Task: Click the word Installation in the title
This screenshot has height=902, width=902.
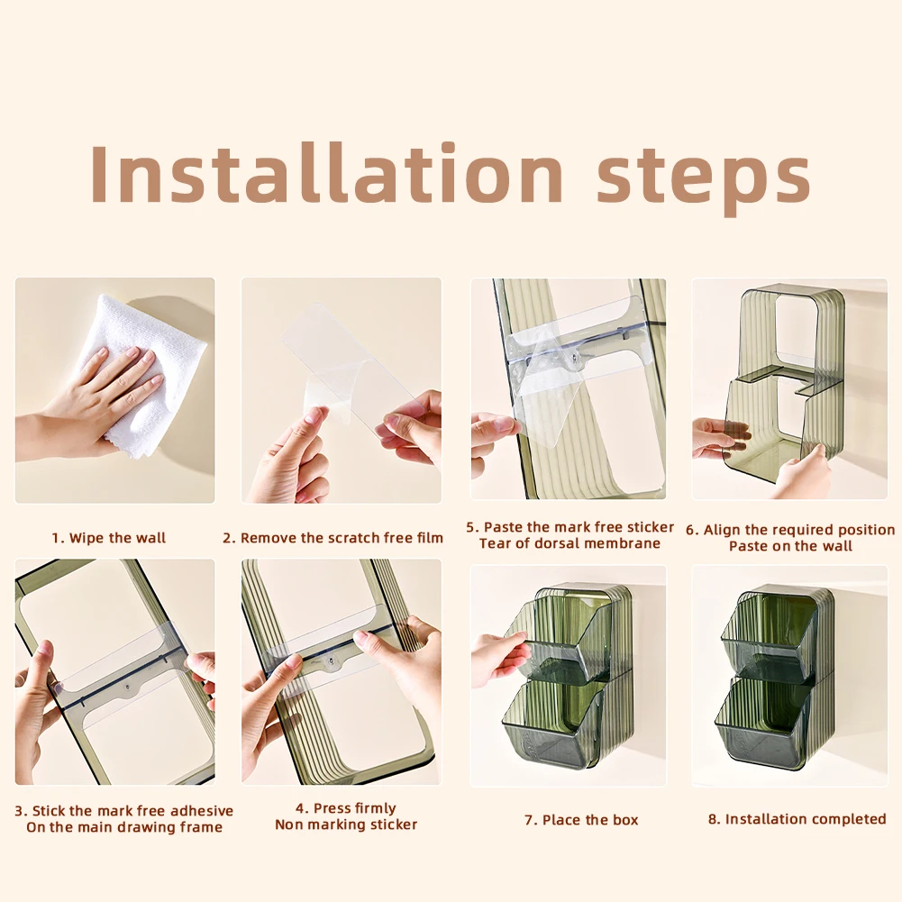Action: tap(326, 174)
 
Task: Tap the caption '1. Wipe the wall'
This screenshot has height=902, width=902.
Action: tap(109, 538)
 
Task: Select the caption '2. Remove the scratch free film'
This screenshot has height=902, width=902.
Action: tap(333, 538)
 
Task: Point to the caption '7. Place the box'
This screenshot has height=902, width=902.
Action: tap(581, 820)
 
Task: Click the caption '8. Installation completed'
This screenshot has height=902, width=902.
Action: tap(797, 818)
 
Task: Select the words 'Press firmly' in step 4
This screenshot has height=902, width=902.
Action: tap(355, 808)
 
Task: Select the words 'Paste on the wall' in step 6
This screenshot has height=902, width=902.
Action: tap(790, 546)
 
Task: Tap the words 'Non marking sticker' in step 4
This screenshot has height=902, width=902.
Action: tap(346, 825)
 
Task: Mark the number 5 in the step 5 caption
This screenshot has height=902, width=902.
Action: tap(470, 527)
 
